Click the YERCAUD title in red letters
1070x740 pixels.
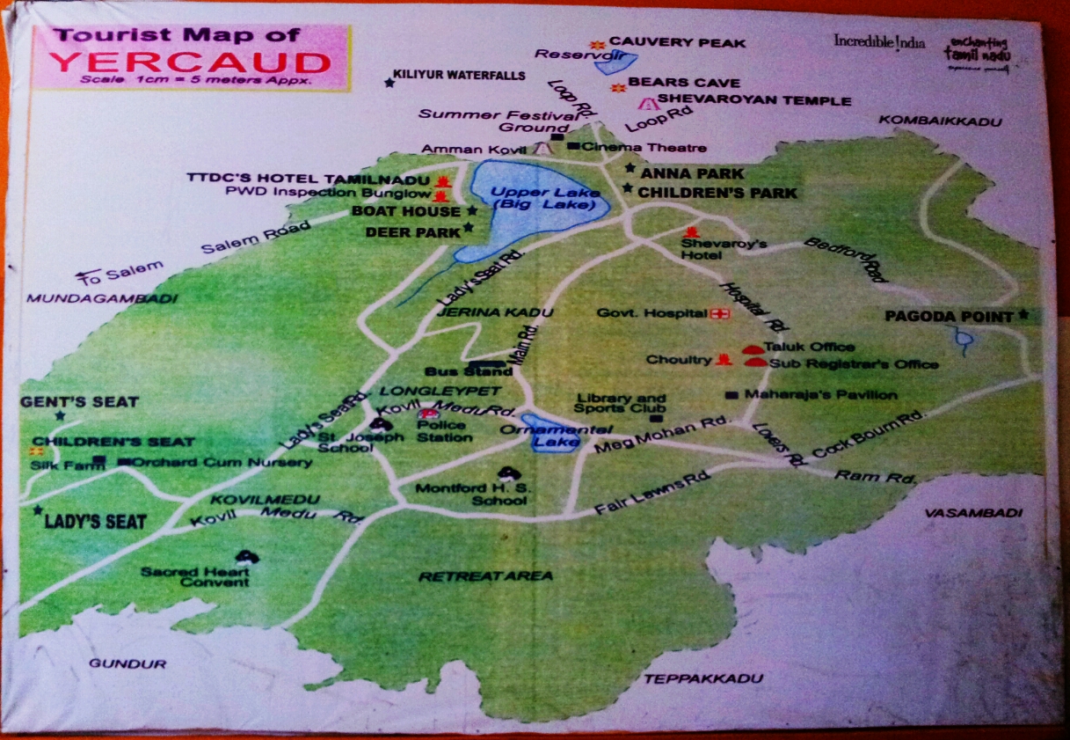pyautogui.click(x=190, y=62)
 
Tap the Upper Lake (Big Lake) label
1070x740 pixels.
pyautogui.click(x=544, y=199)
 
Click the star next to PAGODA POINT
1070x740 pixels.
pyautogui.click(x=1023, y=314)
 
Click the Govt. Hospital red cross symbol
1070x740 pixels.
pyautogui.click(x=721, y=313)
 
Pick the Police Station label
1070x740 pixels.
pyautogui.click(x=444, y=431)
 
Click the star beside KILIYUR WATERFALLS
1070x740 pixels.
pyautogui.click(x=389, y=83)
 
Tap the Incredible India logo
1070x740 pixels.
pyautogui.click(x=879, y=41)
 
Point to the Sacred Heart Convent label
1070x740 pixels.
pyautogui.click(x=196, y=576)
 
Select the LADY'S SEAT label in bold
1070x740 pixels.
pyautogui.click(x=95, y=522)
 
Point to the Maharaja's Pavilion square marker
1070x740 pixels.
pyautogui.click(x=731, y=395)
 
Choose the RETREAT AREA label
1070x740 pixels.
pyautogui.click(x=485, y=576)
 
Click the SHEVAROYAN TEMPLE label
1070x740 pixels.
pyautogui.click(x=753, y=101)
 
